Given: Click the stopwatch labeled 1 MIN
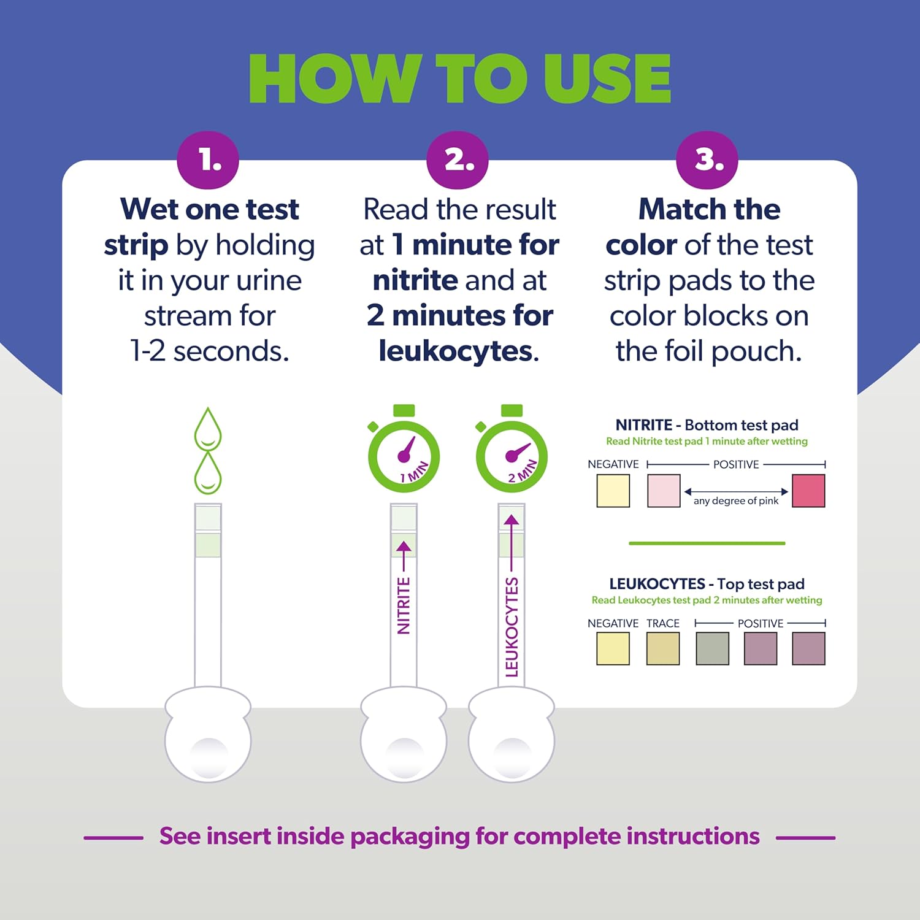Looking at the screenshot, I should tap(404, 454).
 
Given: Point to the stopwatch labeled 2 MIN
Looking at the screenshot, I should tap(512, 454).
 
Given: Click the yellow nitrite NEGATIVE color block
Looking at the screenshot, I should tap(613, 491).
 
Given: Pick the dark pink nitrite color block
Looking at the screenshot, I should tap(808, 491).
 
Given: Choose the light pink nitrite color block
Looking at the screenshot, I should tap(664, 491).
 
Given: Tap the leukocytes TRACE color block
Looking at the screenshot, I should tap(663, 649).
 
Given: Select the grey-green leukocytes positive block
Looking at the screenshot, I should tap(712, 649).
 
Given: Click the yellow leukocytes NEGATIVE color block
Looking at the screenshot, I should tap(613, 649).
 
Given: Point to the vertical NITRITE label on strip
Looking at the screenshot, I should tap(404, 605).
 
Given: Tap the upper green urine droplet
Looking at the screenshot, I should tap(208, 429).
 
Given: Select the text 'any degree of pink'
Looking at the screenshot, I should tap(735, 501).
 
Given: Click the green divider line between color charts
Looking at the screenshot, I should tap(707, 543).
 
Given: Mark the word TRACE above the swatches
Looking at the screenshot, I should tap(663, 623).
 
